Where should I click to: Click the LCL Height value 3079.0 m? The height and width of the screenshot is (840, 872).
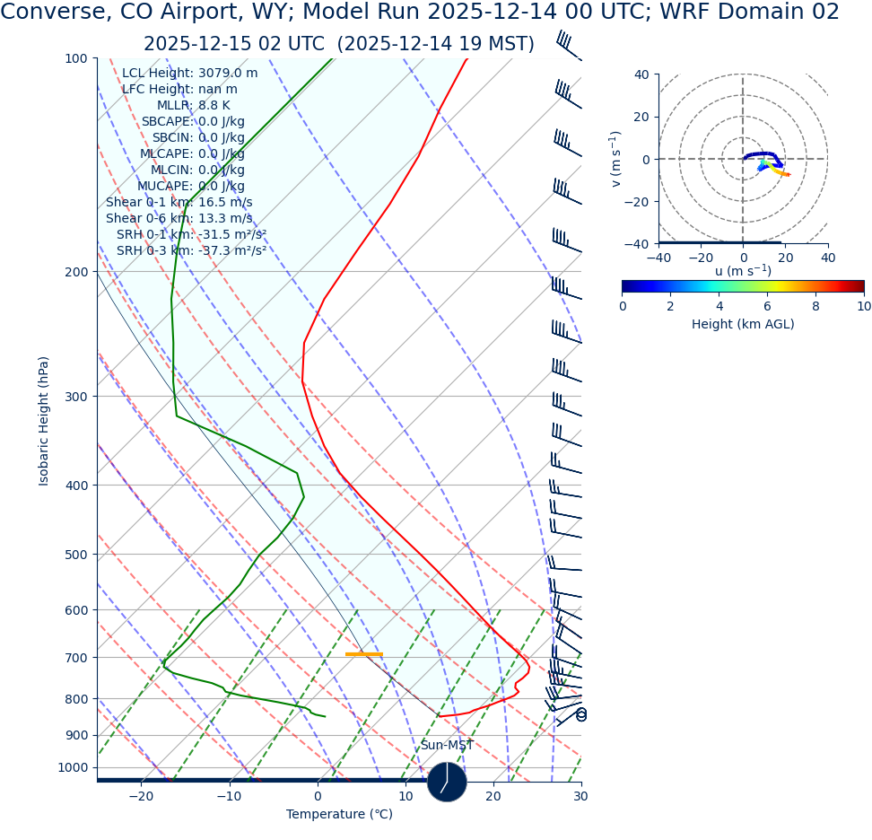(227, 74)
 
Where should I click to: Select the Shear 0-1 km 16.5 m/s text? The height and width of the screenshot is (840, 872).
(179, 203)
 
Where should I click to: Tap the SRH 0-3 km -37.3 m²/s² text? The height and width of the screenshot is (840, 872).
(191, 251)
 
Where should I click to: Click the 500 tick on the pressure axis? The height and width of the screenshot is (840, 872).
(75, 555)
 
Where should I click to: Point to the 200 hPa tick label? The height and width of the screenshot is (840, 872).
(75, 272)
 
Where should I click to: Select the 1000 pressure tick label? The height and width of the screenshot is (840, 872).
(72, 768)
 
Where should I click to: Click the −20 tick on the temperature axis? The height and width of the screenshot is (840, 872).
(141, 797)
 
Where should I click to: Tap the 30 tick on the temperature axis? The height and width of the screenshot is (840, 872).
(580, 797)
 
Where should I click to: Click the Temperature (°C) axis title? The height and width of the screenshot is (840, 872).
(339, 815)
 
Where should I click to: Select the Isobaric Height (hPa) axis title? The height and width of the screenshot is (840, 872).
(44, 421)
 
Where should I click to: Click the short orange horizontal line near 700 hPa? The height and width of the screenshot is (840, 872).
(363, 654)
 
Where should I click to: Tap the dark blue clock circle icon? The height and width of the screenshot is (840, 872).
(447, 782)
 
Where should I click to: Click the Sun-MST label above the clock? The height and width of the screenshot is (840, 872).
(447, 746)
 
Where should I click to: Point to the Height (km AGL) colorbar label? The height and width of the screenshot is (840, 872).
(743, 324)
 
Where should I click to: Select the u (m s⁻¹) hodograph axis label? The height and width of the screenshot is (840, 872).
(743, 271)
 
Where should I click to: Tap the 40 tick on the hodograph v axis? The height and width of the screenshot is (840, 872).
(641, 74)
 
